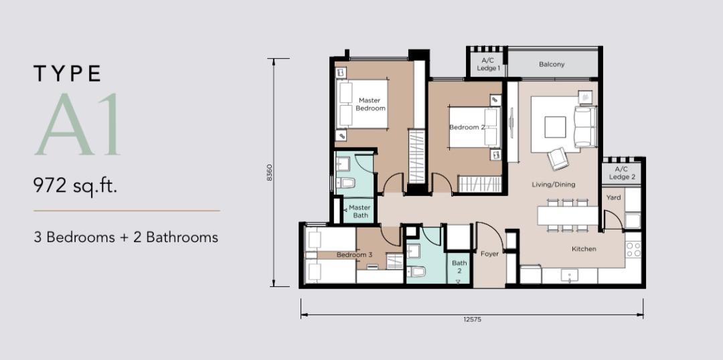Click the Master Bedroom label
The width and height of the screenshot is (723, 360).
click(370, 104)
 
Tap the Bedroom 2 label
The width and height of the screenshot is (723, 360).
click(467, 127)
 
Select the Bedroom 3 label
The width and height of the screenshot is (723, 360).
click(354, 254)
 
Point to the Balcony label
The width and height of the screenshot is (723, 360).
click(552, 64)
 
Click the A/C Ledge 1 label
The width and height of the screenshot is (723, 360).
click(488, 64)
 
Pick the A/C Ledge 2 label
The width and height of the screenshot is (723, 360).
click(622, 173)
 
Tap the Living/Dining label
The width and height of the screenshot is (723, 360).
click(554, 185)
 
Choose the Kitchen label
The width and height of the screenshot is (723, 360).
click(584, 249)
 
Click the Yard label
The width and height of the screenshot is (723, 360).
click(613, 197)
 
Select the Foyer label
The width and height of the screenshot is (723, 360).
click(489, 254)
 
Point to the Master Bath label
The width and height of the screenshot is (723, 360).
click(359, 211)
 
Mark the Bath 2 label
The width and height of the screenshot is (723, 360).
click(459, 267)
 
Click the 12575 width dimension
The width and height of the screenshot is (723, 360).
click(473, 319)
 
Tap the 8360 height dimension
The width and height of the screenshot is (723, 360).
click(269, 173)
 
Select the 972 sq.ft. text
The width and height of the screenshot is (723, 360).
click(75, 186)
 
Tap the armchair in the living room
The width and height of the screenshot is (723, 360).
click(558, 158)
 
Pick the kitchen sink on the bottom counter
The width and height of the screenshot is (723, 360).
click(570, 275)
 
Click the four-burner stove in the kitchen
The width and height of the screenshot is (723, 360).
click(634, 250)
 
